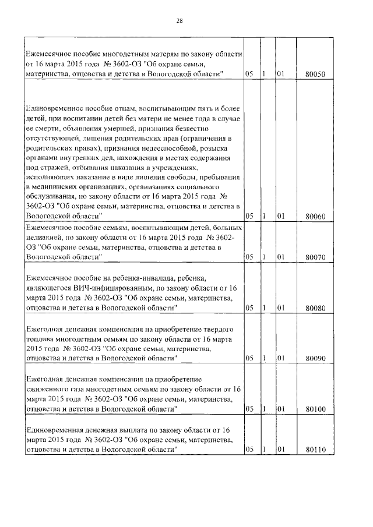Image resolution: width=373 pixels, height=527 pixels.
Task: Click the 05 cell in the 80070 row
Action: pyautogui.click(x=249, y=256)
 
